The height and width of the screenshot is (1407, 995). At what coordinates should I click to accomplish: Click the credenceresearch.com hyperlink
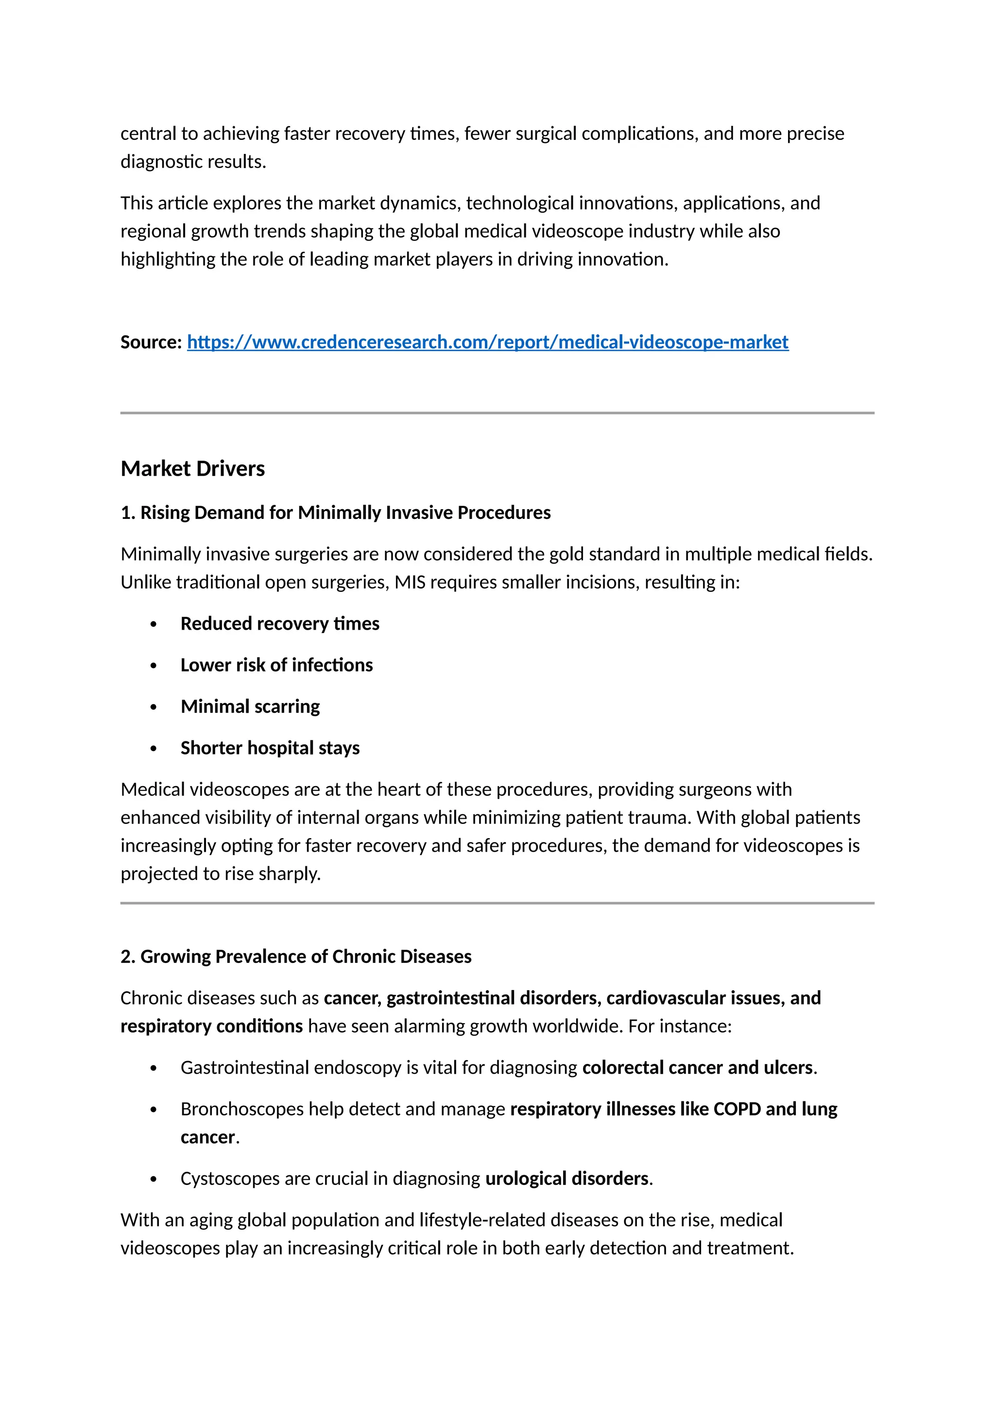487,342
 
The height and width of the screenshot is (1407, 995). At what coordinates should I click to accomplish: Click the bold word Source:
151,342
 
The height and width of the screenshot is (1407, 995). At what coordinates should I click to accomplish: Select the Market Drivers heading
192,469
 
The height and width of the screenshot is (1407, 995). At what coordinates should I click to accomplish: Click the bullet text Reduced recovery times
279,624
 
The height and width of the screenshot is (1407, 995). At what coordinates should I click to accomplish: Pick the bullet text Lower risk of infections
276,665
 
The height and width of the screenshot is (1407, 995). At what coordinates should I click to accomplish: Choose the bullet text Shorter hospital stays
270,748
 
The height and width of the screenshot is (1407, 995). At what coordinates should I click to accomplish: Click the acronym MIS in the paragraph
409,582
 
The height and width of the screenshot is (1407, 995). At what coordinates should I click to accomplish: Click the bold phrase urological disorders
567,1179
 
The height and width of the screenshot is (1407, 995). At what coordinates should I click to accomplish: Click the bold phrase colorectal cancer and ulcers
697,1067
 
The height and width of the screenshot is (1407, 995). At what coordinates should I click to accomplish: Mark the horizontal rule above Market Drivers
497,413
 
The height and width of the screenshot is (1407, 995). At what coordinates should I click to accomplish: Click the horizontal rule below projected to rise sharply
497,903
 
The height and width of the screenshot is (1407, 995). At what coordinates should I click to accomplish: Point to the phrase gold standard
604,554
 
